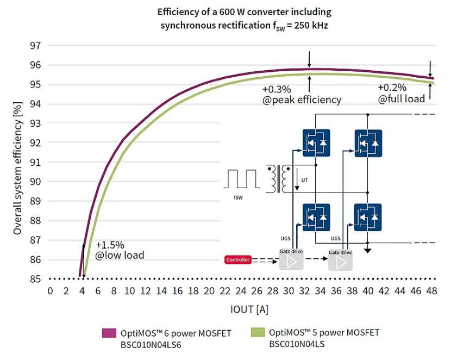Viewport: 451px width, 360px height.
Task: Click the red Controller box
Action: click(x=239, y=260)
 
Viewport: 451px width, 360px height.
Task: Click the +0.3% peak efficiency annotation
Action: click(x=302, y=95)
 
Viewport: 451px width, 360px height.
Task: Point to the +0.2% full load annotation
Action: click(x=401, y=95)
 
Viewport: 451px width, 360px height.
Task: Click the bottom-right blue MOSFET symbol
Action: click(x=368, y=218)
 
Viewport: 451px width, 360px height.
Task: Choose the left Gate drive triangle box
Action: click(x=291, y=262)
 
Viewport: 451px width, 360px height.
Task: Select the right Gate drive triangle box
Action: click(x=340, y=262)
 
